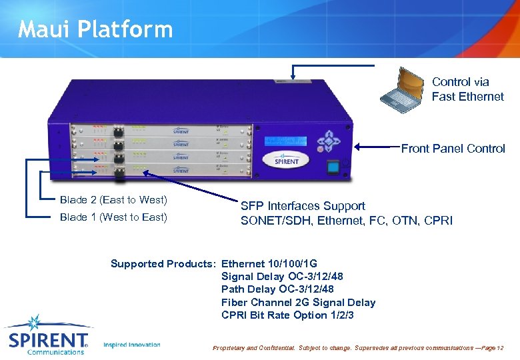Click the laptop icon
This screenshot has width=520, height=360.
[x=402, y=90]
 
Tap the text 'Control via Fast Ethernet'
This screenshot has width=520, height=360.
[x=467, y=89]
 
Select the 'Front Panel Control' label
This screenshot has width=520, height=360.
[x=453, y=149]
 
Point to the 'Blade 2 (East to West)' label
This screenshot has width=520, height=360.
[x=113, y=200]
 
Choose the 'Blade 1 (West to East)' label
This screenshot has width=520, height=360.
[x=113, y=217]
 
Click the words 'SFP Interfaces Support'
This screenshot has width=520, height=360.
[x=303, y=206]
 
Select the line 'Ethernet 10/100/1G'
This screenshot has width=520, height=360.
[x=269, y=263]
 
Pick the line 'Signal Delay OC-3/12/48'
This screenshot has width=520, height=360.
[x=282, y=276]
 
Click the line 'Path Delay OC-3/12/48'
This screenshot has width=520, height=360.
[x=277, y=289]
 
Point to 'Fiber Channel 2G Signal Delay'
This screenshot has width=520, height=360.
[x=298, y=303]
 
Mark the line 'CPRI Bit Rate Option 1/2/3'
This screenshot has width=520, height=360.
[x=287, y=315]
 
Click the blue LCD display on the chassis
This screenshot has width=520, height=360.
[x=285, y=141]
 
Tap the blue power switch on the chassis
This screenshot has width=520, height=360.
[x=332, y=167]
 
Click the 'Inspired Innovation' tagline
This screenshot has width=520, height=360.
[x=132, y=345]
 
